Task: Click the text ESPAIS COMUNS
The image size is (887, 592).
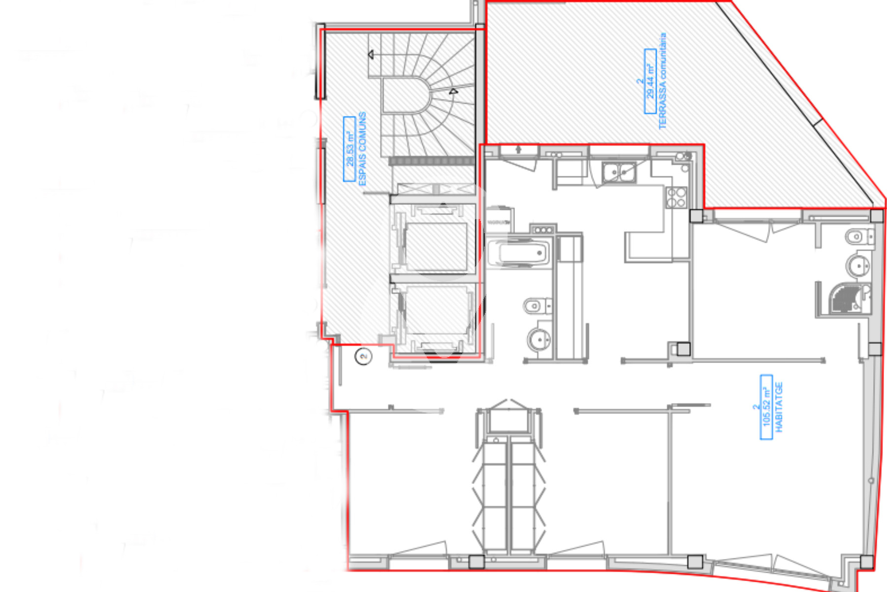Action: [x=362, y=148]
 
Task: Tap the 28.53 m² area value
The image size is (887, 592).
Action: [x=349, y=149]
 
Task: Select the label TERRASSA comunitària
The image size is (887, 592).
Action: [x=662, y=81]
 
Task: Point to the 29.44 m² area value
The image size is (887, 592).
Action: [x=650, y=81]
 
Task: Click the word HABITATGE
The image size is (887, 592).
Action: [x=779, y=407]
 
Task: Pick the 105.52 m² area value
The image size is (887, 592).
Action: [x=766, y=407]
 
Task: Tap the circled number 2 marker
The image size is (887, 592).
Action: [x=364, y=356]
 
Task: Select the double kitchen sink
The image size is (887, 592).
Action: [x=618, y=172]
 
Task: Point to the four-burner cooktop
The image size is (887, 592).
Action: [x=676, y=197]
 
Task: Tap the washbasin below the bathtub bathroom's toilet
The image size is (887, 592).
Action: [x=539, y=339]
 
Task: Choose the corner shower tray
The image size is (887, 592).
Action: [x=848, y=298]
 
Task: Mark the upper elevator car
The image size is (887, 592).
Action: [x=436, y=247]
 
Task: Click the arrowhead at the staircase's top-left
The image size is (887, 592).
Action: [x=371, y=54]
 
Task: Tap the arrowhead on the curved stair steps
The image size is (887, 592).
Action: [x=453, y=91]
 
